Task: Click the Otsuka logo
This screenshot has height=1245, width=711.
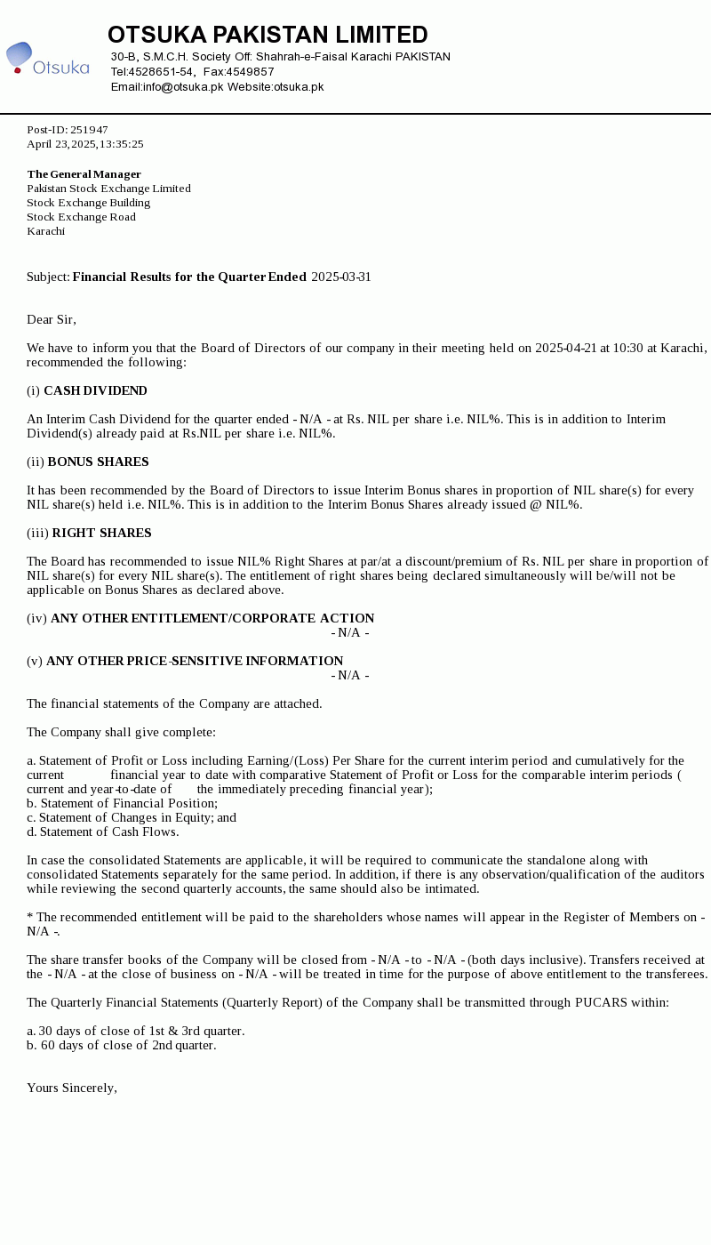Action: tap(48, 59)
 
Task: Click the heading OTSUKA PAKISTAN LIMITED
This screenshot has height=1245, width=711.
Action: tap(268, 35)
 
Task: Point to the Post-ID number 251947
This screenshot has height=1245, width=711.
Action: tap(89, 130)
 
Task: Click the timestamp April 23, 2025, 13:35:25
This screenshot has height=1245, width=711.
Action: tap(85, 144)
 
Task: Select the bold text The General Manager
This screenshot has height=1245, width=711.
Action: tap(84, 174)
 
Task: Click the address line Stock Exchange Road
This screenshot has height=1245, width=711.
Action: tap(81, 217)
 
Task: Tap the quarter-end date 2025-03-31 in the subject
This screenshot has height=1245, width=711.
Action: tap(341, 277)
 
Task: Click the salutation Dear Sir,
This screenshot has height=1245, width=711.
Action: tap(52, 320)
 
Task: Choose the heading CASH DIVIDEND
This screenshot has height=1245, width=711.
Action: tap(95, 391)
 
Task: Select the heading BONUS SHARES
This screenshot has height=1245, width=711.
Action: tap(98, 462)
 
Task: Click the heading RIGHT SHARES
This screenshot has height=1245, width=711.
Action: tap(101, 534)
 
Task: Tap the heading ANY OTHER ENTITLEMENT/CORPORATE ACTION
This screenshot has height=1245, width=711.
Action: tap(212, 619)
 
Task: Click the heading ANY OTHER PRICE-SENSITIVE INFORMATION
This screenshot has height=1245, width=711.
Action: tap(195, 662)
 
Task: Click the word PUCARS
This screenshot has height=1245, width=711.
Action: tap(603, 1003)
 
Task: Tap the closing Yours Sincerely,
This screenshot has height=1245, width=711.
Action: tap(72, 1088)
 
